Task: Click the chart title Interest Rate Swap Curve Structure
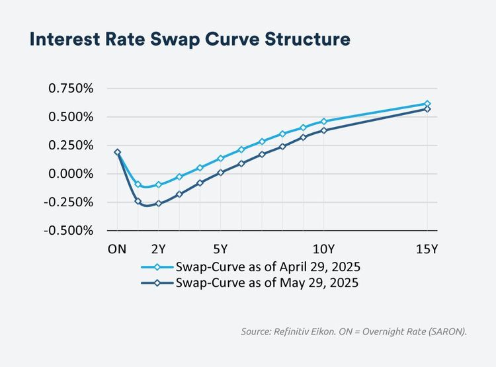[189, 40]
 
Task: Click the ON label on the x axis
[117, 249]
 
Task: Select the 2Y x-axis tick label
[159, 249]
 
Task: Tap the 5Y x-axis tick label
[220, 249]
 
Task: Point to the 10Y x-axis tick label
[323, 249]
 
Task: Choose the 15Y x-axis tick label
[427, 249]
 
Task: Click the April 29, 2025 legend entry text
[268, 267]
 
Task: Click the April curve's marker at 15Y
[427, 104]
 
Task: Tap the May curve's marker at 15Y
[427, 109]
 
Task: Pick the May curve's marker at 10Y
[324, 131]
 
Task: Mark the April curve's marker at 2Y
[159, 185]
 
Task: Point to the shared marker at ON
[118, 152]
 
